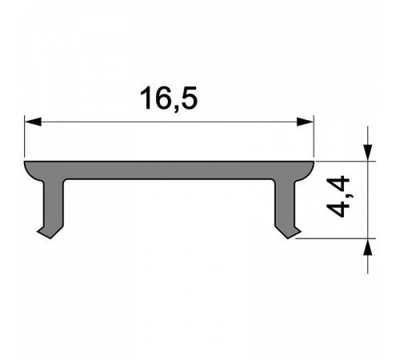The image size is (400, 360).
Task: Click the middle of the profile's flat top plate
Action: tap(169, 170)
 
